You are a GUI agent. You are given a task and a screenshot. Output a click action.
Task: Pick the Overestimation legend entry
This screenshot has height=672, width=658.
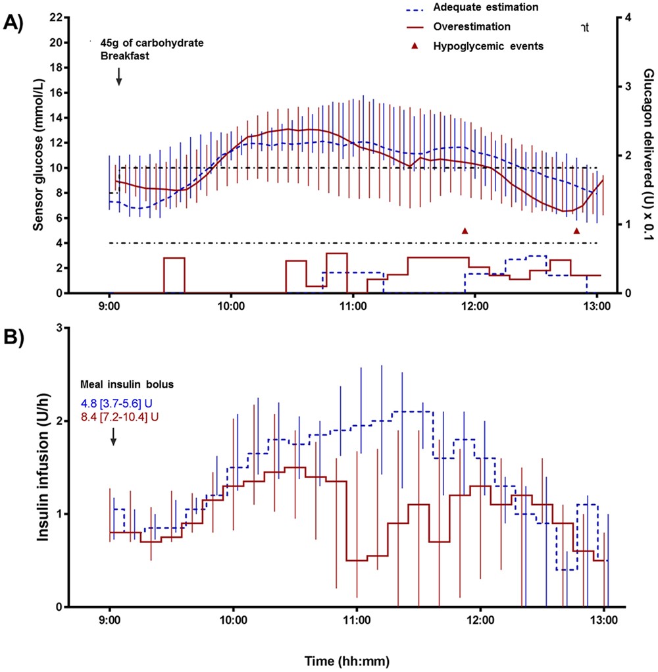coord(472,27)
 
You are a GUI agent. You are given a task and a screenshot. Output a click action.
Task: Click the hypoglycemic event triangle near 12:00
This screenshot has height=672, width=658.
coord(465,230)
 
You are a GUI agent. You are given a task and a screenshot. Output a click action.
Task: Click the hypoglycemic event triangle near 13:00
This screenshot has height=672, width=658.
coord(576,230)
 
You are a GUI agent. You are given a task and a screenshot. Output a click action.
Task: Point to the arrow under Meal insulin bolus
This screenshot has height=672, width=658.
coord(113,435)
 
